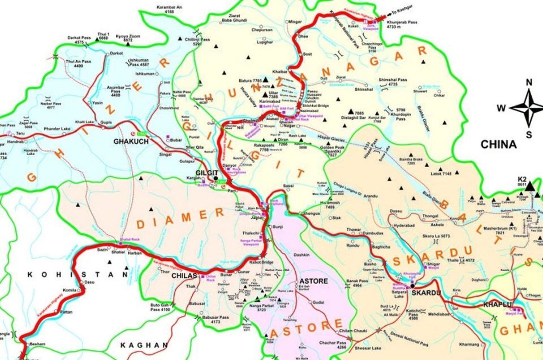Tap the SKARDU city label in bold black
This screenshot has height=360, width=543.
click(x=425, y=293)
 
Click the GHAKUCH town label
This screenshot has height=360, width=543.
click(x=131, y=141)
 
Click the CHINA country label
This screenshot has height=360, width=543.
click(x=498, y=144)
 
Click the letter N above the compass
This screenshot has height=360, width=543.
click(x=529, y=82)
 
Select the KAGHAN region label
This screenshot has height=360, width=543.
click(x=144, y=345)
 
